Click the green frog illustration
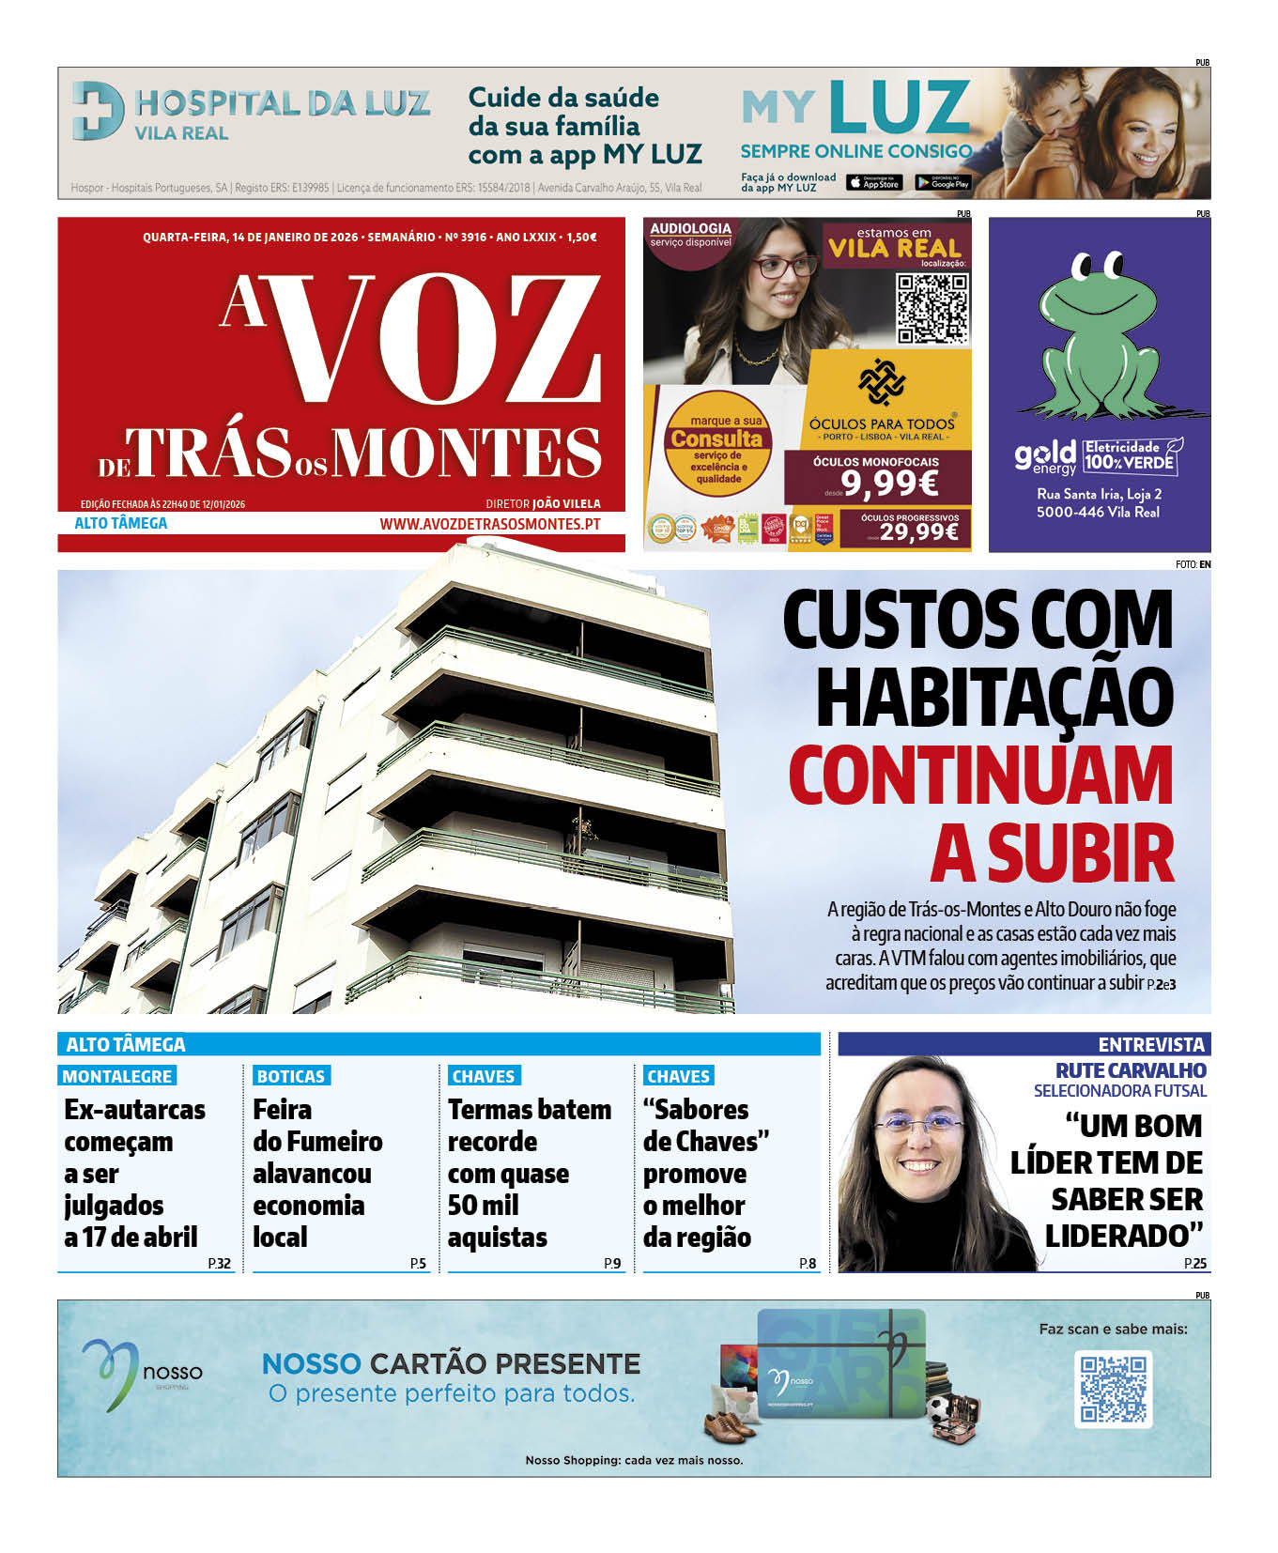[1096, 339]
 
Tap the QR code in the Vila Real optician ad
[932, 308]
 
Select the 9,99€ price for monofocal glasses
[888, 484]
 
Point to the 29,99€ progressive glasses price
[918, 533]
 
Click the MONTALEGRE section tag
[117, 1076]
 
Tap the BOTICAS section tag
[291, 1076]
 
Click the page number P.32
[220, 1263]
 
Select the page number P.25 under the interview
[1195, 1263]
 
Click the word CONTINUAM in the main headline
[980, 776]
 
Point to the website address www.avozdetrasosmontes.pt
[489, 524]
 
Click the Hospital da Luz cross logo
[98, 111]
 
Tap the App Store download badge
[873, 183]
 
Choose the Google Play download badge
[942, 183]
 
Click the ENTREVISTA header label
[1150, 1044]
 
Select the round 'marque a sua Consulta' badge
[717, 443]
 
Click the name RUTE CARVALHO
[1131, 1070]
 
